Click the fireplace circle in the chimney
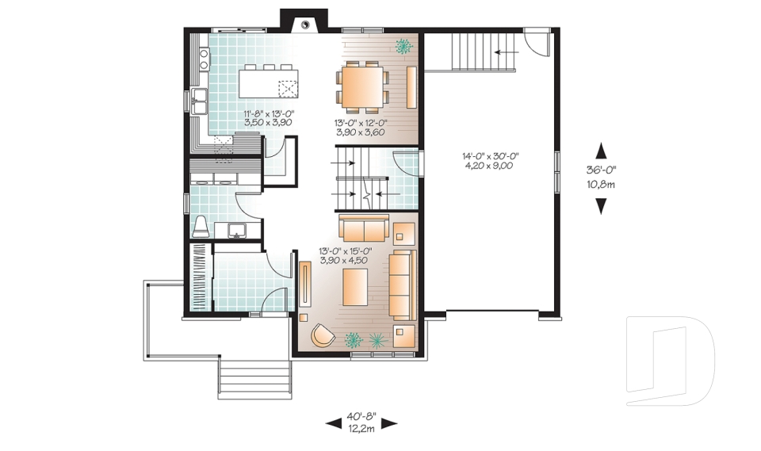point(304,23)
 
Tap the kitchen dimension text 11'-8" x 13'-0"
point(270,114)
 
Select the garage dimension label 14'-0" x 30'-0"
point(491,156)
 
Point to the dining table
point(362,87)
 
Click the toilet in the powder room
point(201,227)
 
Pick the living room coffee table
point(355,288)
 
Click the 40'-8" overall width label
point(361,417)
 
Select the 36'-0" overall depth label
point(602,170)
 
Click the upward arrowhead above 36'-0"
point(602,150)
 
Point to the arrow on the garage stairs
point(506,52)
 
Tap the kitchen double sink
point(199,101)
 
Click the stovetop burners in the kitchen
point(205,59)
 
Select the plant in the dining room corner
point(403,46)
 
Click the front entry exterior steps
point(255,379)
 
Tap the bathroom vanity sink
point(237,230)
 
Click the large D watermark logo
point(670,361)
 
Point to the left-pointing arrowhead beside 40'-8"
point(334,424)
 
